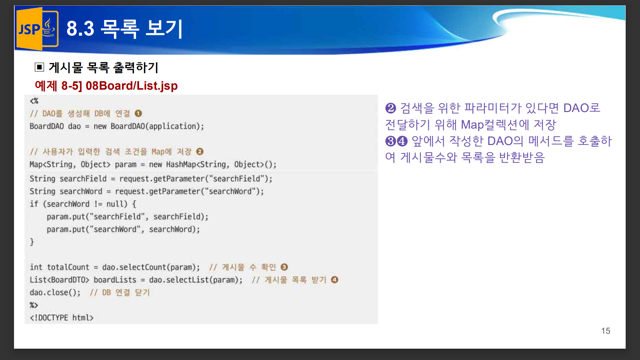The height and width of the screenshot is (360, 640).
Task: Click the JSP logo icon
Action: (37, 29)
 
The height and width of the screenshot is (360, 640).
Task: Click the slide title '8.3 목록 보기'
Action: (124, 29)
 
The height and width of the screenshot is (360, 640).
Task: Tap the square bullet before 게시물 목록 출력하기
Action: (39, 67)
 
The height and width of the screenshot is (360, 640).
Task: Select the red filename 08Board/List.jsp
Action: (131, 86)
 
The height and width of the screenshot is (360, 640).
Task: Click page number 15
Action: (605, 331)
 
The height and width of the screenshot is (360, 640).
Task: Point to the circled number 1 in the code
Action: (138, 114)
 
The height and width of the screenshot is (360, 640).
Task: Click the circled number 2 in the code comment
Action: (200, 152)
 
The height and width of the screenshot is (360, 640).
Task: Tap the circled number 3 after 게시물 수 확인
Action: (284, 267)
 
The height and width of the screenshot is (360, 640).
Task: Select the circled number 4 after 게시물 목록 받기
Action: (335, 280)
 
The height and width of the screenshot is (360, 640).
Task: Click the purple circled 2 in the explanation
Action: (390, 108)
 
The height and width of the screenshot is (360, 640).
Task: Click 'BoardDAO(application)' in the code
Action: (157, 126)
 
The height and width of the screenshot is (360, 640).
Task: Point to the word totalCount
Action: (68, 267)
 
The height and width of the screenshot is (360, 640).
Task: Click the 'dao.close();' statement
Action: (55, 292)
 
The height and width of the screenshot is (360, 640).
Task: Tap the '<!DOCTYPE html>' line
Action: (62, 318)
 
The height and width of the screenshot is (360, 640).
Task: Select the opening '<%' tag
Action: (34, 101)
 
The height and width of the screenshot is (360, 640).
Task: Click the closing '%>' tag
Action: (34, 305)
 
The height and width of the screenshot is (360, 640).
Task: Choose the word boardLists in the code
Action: (115, 280)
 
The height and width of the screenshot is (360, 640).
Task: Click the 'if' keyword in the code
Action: (34, 204)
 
